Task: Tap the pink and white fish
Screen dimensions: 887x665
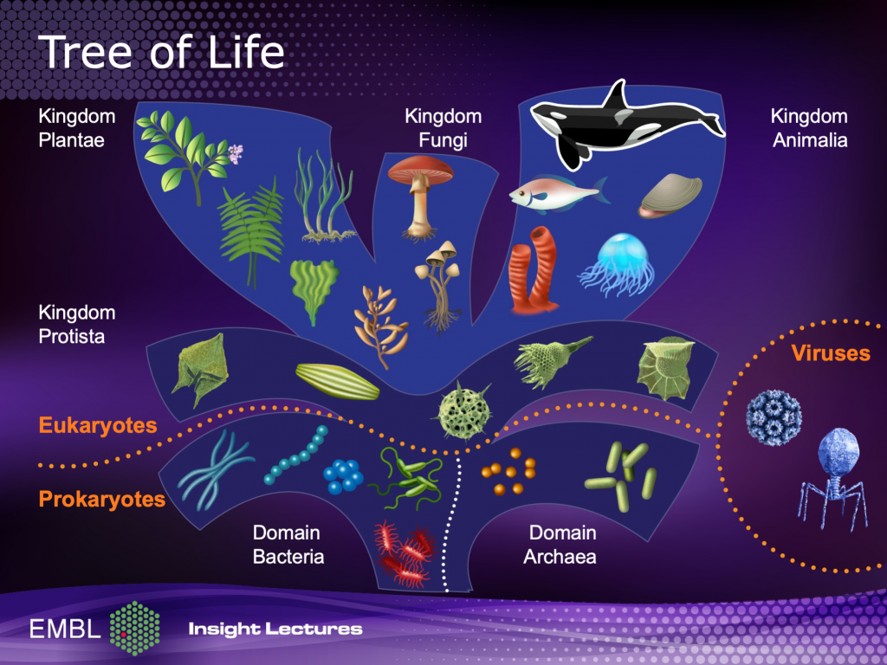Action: (x=557, y=194)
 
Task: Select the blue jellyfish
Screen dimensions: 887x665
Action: (x=619, y=263)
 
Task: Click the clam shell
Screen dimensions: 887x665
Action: (x=670, y=195)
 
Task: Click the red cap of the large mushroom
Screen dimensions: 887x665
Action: (x=420, y=167)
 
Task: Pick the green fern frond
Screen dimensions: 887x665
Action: (x=252, y=232)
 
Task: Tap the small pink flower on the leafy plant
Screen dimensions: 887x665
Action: (x=236, y=152)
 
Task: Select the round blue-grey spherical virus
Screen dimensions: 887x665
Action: (x=774, y=417)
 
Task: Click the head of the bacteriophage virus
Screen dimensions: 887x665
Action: (x=838, y=450)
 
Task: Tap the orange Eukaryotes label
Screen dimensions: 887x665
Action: (x=98, y=425)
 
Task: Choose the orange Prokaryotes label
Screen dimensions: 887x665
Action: (x=102, y=500)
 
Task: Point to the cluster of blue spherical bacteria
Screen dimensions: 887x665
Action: (x=343, y=476)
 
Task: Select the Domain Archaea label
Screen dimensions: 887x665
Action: (x=560, y=545)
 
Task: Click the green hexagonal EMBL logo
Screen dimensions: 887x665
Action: (x=134, y=628)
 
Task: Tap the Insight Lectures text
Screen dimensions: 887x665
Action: (x=275, y=629)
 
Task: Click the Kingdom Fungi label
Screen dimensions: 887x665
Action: (x=443, y=128)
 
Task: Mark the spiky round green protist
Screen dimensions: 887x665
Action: (x=464, y=410)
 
